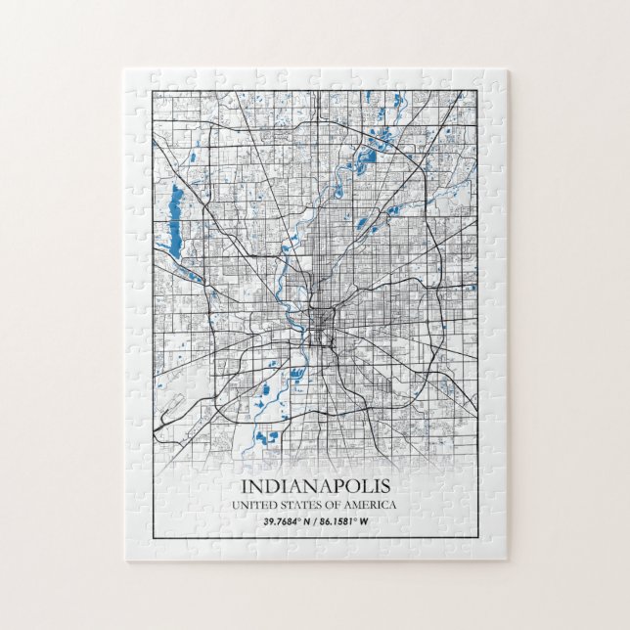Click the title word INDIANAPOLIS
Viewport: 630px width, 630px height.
coord(314,485)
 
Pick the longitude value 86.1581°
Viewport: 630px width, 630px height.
coord(344,519)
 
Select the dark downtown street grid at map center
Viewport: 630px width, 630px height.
coord(319,323)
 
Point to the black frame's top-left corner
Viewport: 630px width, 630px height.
coord(152,90)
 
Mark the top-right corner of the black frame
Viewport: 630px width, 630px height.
coord(477,90)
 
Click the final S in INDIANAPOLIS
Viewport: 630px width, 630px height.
coord(385,485)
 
